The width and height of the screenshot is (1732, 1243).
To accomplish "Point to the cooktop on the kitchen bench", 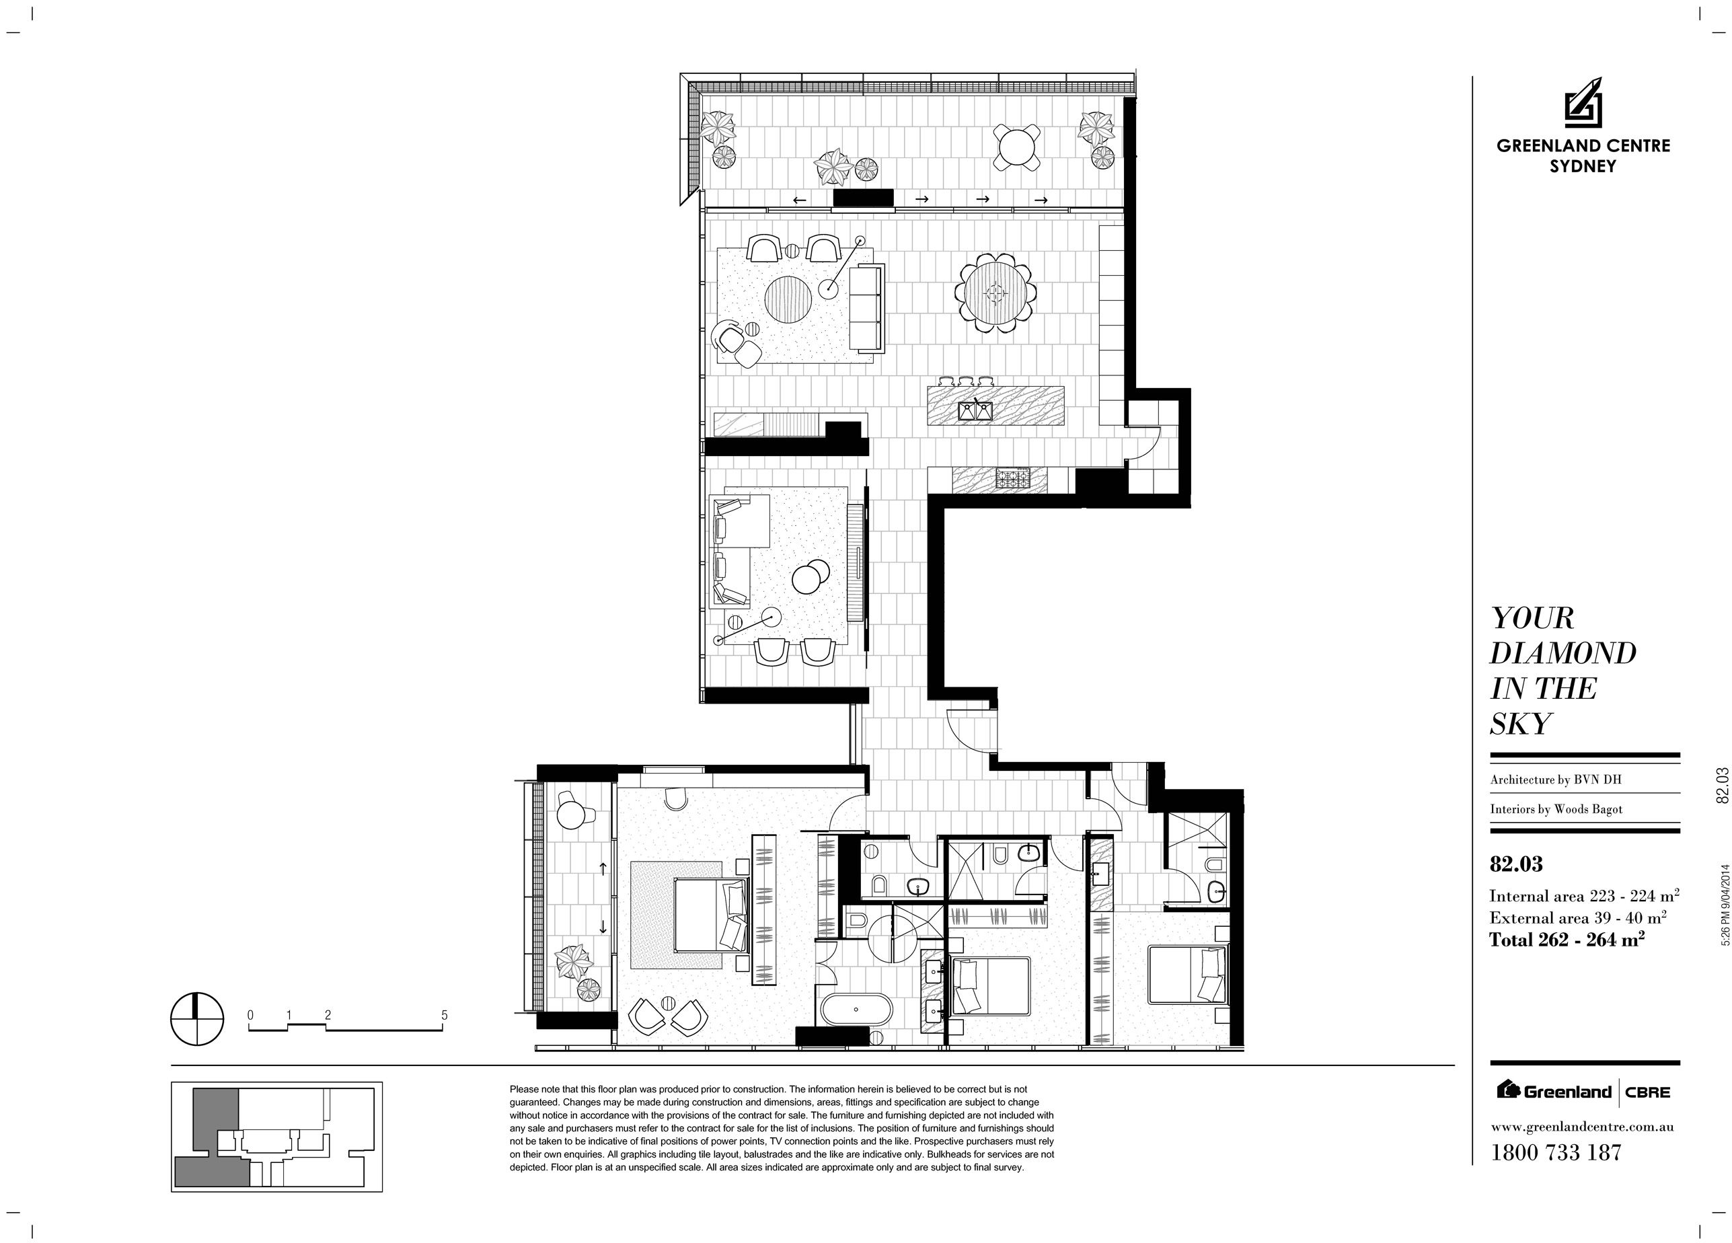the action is pos(1012,479).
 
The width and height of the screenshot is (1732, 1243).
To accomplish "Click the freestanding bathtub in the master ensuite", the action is pos(856,1009).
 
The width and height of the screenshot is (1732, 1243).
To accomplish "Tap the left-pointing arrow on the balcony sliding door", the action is pos(800,200).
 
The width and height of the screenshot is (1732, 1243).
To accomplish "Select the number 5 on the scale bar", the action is pos(445,1016).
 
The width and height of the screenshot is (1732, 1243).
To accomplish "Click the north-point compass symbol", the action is pos(197,1018).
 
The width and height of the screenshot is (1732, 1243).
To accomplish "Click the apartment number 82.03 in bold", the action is pos(1516,864).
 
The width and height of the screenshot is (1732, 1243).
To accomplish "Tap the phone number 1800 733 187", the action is pos(1556,1152).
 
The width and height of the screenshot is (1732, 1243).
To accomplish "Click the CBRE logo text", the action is pos(1648,1092).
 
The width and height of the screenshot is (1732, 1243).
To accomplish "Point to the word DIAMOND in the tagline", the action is pos(1563,654).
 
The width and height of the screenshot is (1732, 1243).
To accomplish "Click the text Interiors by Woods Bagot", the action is pos(1556,809).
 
